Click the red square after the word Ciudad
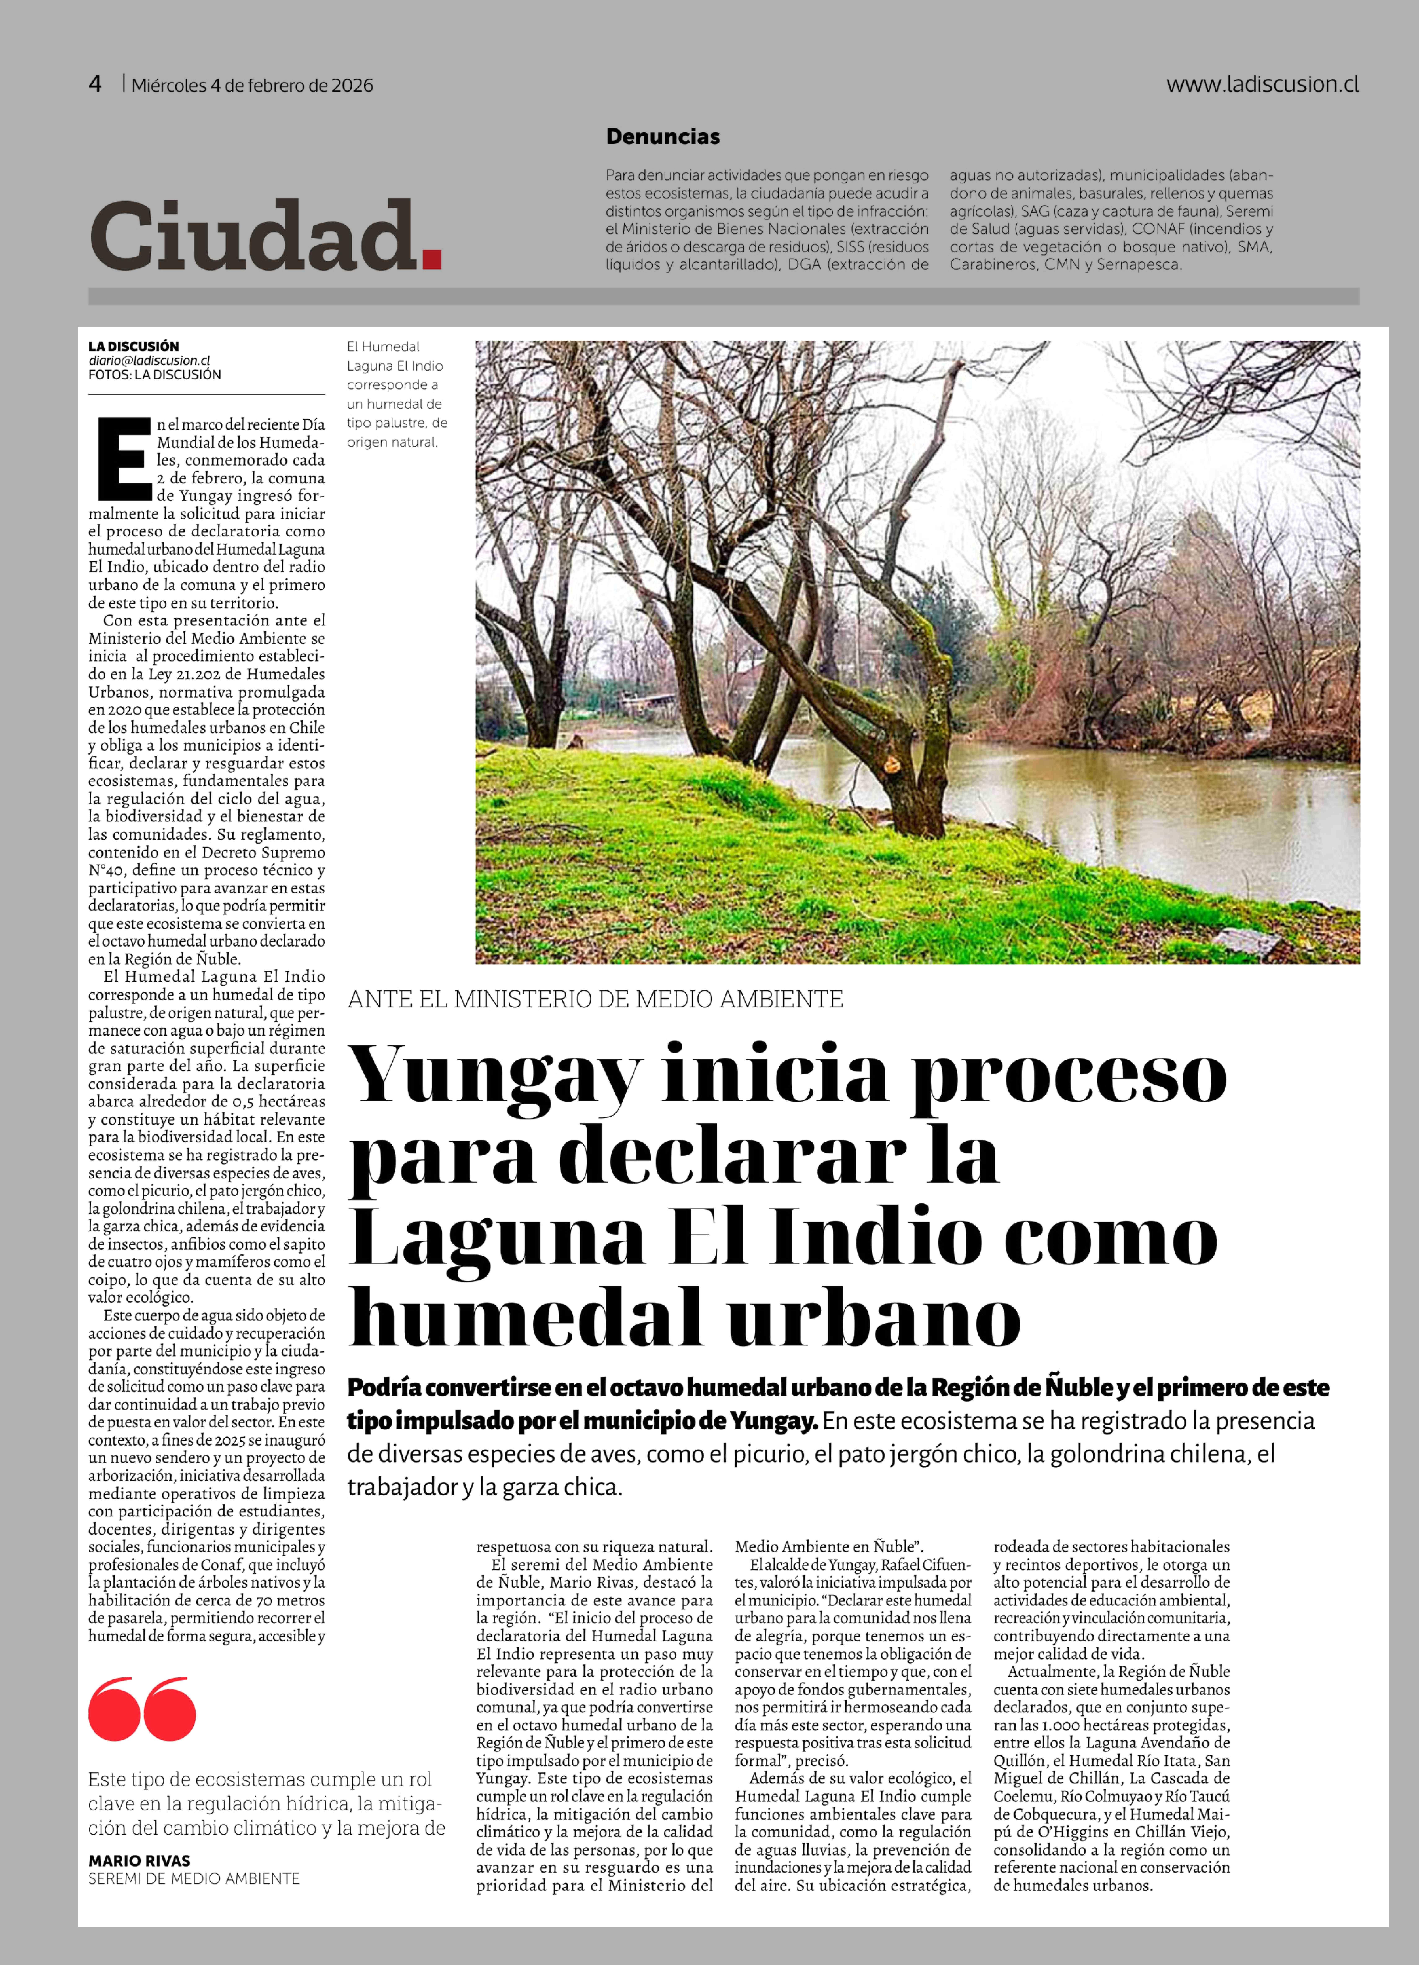(x=431, y=258)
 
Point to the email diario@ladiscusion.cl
(x=149, y=361)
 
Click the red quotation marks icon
(x=142, y=1708)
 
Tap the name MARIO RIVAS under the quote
(x=139, y=1860)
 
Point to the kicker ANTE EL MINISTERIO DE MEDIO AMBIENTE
(x=595, y=999)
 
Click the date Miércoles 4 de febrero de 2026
(x=252, y=85)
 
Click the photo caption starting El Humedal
(x=396, y=394)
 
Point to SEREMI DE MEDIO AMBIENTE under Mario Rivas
(x=194, y=1878)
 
